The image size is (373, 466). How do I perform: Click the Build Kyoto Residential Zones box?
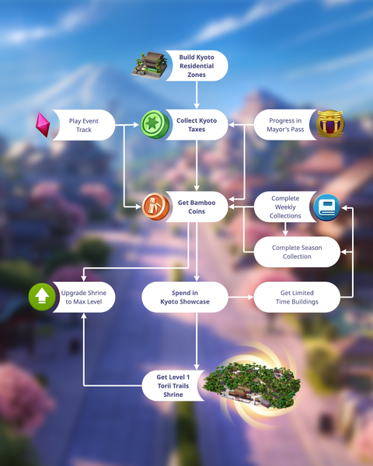tap(197, 66)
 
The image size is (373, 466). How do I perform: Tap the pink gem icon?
tap(43, 125)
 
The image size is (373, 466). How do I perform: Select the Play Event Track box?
tap(84, 125)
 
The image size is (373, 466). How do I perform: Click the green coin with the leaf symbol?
tap(155, 124)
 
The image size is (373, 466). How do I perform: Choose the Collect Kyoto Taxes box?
tap(197, 125)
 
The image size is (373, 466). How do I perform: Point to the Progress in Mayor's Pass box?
tap(285, 125)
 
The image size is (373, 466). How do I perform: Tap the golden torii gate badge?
tap(329, 124)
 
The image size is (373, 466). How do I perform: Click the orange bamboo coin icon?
tap(155, 207)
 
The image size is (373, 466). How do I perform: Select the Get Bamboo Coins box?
tap(197, 207)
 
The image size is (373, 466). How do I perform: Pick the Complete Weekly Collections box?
tap(285, 207)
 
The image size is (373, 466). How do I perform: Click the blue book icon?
tap(326, 207)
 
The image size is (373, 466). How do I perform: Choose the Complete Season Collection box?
tap(297, 252)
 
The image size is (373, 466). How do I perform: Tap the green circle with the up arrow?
tap(42, 297)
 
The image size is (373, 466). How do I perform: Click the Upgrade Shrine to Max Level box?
tap(84, 297)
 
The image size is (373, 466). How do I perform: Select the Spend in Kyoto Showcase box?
tap(185, 297)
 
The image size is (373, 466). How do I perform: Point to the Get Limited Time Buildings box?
tap(297, 297)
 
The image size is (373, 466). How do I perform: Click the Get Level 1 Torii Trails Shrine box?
tap(173, 385)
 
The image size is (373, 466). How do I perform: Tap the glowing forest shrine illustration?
tap(252, 384)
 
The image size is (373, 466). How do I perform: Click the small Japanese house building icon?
tap(150, 66)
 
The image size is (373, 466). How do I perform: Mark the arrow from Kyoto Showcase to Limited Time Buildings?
tap(241, 297)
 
